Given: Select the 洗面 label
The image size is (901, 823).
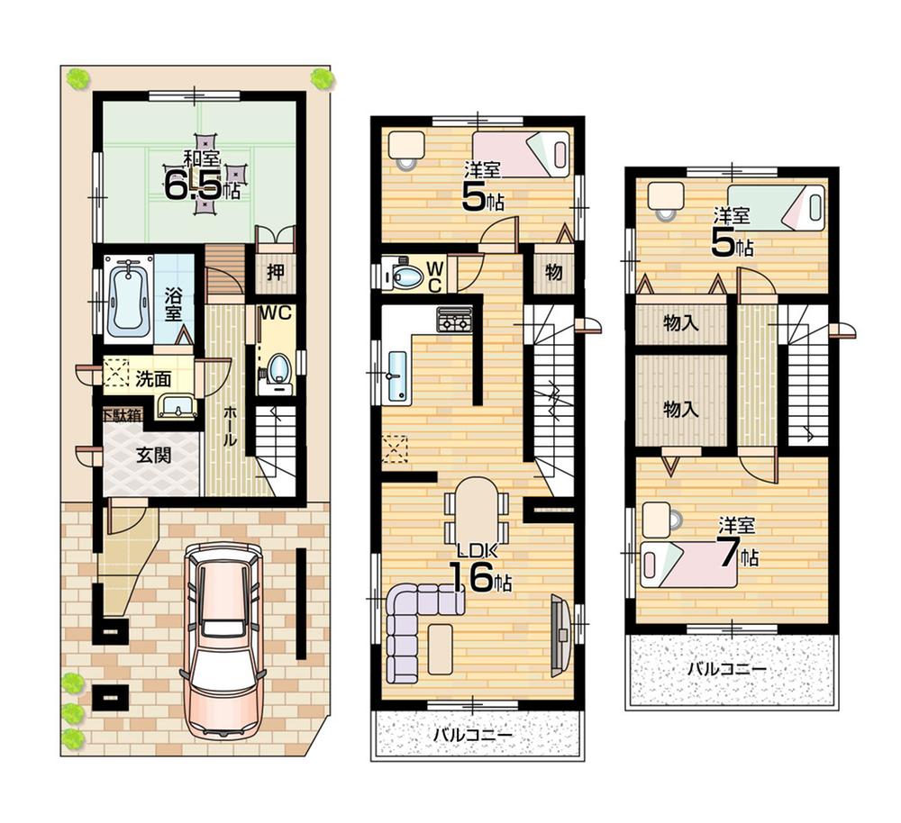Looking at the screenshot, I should pyautogui.click(x=152, y=379).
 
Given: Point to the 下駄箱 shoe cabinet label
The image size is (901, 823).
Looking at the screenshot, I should pyautogui.click(x=120, y=416).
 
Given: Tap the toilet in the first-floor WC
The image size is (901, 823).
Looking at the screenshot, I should pyautogui.click(x=278, y=370).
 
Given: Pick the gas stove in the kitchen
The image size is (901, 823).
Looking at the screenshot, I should pyautogui.click(x=454, y=319).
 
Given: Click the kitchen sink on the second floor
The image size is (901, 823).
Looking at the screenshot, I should pyautogui.click(x=396, y=376).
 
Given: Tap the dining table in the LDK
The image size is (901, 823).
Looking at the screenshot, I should pyautogui.click(x=476, y=509).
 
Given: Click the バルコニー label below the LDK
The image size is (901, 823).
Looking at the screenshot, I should pyautogui.click(x=472, y=735).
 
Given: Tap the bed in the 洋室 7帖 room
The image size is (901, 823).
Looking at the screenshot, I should pyautogui.click(x=689, y=564).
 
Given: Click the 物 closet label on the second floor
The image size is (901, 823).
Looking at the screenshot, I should pyautogui.click(x=553, y=272).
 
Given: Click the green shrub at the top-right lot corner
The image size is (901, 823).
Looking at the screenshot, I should pyautogui.click(x=322, y=78).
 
